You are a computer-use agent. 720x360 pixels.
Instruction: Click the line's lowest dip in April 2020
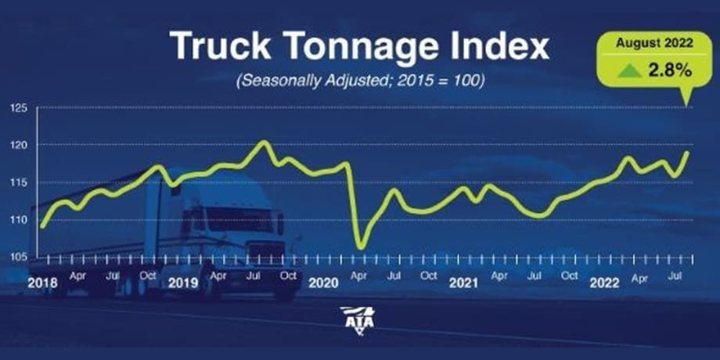click(361, 247)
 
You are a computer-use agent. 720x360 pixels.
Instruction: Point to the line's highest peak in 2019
click(263, 142)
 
